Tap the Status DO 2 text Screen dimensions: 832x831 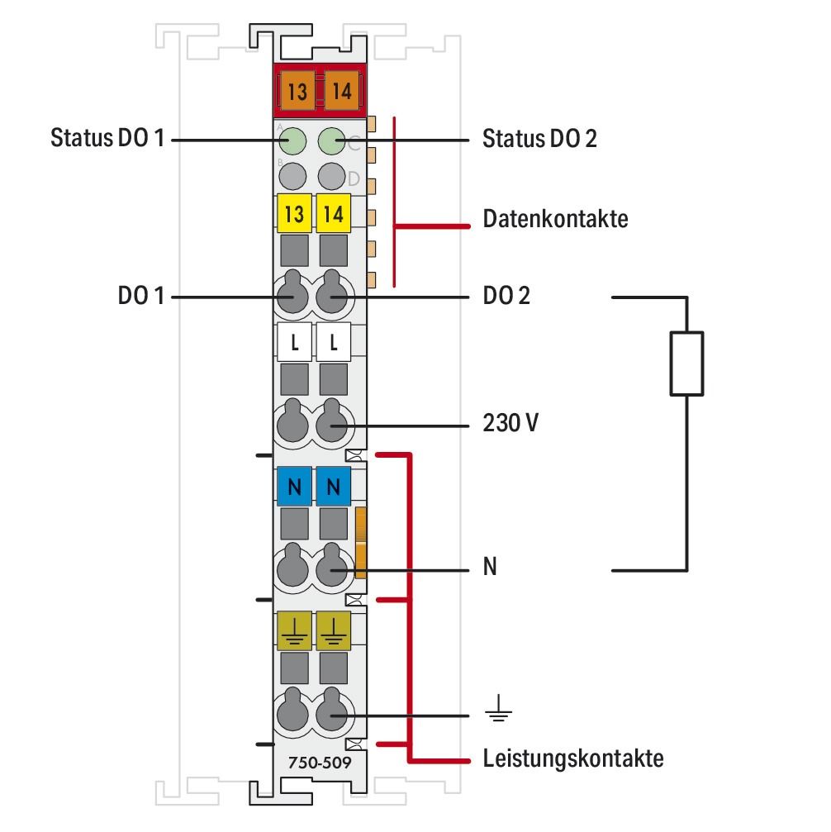click(x=539, y=138)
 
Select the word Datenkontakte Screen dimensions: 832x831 click(x=555, y=219)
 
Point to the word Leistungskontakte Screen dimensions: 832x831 click(x=572, y=758)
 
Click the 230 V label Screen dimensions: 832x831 click(x=510, y=424)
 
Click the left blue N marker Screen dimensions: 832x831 click(x=294, y=487)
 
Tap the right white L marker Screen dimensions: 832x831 click(x=333, y=340)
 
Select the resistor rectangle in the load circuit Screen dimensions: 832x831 click(x=686, y=363)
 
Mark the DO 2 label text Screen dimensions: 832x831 click(x=506, y=296)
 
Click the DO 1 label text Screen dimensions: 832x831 click(x=140, y=296)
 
